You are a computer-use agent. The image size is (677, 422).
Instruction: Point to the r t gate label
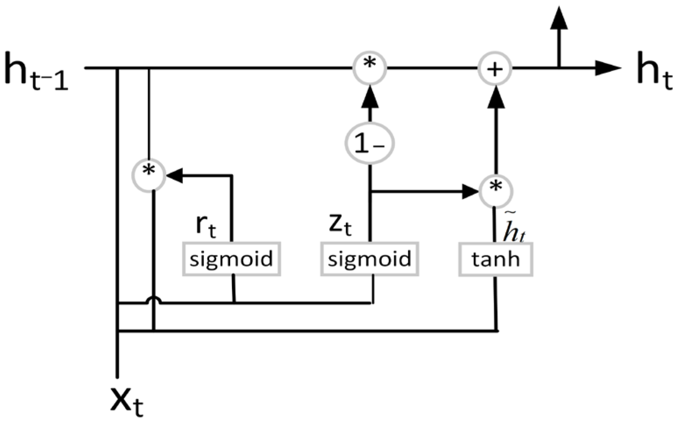pyautogui.click(x=206, y=225)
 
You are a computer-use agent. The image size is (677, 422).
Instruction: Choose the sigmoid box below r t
pyautogui.click(x=231, y=259)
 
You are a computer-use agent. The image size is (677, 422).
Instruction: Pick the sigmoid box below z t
pyautogui.click(x=369, y=259)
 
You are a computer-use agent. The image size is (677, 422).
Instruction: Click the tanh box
pyautogui.click(x=495, y=259)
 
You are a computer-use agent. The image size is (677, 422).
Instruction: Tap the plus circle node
pyautogui.click(x=495, y=69)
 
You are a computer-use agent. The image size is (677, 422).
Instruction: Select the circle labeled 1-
pyautogui.click(x=369, y=144)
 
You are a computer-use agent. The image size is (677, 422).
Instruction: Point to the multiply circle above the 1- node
pyautogui.click(x=369, y=68)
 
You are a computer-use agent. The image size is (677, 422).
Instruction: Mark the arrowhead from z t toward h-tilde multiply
pyautogui.click(x=471, y=191)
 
